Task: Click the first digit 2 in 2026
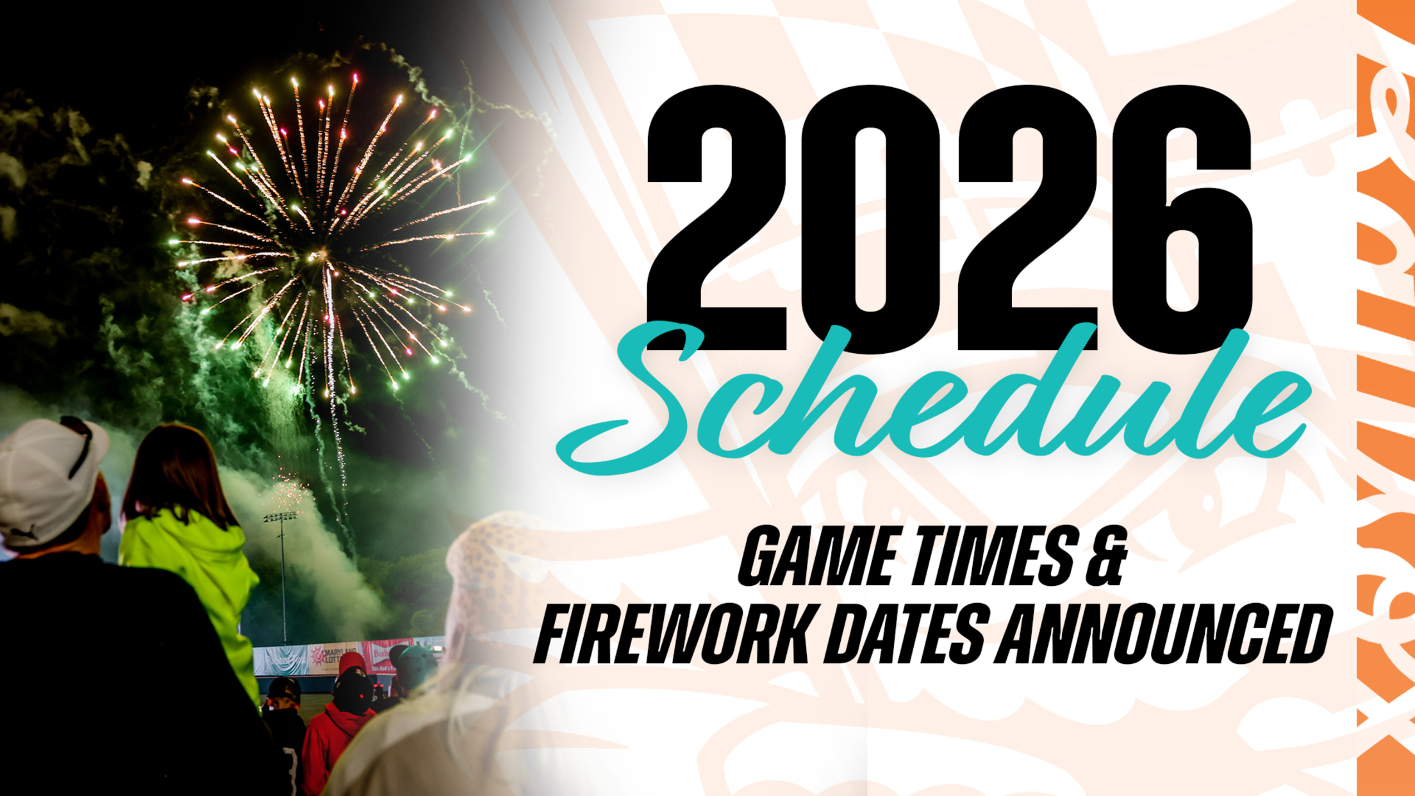[x=716, y=218]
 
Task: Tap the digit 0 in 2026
[x=870, y=218]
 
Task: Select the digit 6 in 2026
[x=1182, y=218]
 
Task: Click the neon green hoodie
[x=192, y=577]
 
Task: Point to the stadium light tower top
[x=281, y=516]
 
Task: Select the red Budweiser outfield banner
[x=381, y=654]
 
